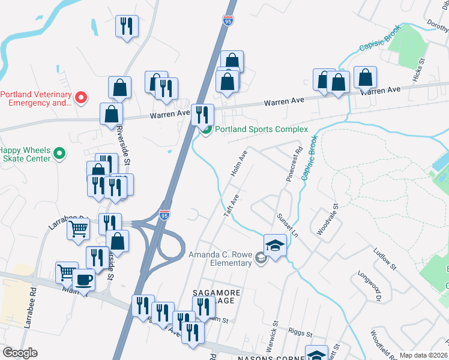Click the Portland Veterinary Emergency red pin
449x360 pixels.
83,97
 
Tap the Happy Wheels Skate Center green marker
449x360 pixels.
59,154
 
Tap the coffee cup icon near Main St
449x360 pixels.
83,280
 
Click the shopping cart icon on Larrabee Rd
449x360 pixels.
79,229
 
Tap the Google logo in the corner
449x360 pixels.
20,353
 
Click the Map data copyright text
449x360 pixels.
423,355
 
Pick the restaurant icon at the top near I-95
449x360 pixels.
127,26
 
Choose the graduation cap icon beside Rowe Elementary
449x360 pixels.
275,245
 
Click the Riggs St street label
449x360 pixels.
300,334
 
